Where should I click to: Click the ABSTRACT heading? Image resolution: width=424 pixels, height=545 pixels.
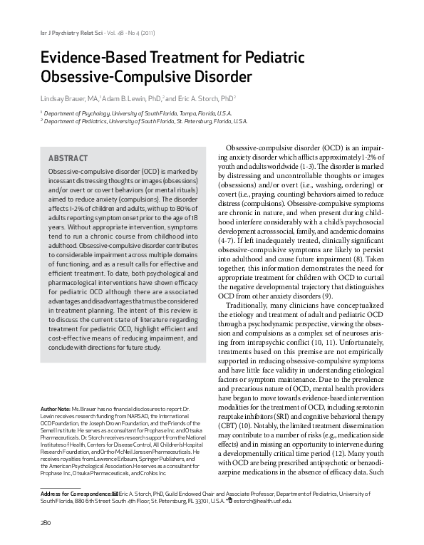(68, 157)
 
